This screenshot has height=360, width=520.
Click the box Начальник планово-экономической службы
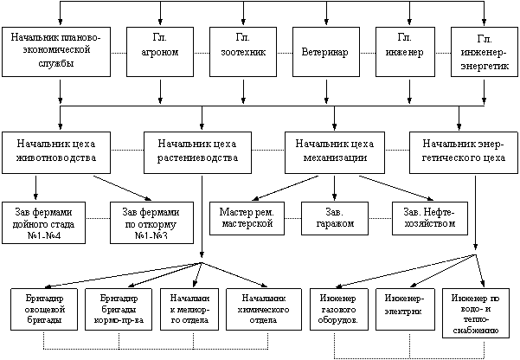pyautogui.click(x=57, y=52)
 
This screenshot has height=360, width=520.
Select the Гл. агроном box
pyautogui.click(x=160, y=52)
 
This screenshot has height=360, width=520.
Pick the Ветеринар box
pyautogui.click(x=325, y=52)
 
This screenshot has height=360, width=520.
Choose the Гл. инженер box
pyautogui.click(x=407, y=51)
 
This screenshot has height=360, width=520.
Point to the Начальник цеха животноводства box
pyautogui.click(x=56, y=151)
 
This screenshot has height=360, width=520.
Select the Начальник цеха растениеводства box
pyautogui.click(x=198, y=151)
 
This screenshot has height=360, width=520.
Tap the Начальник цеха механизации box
pyautogui.click(x=334, y=151)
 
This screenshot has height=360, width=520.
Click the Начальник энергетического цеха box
pyautogui.click(x=463, y=151)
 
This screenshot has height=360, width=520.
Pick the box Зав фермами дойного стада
pyautogui.click(x=49, y=224)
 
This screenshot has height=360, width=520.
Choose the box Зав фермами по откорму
pyautogui.click(x=151, y=224)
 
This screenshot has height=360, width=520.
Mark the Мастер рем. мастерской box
pyautogui.click(x=247, y=218)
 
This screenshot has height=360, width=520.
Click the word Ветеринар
pyautogui.click(x=325, y=53)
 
